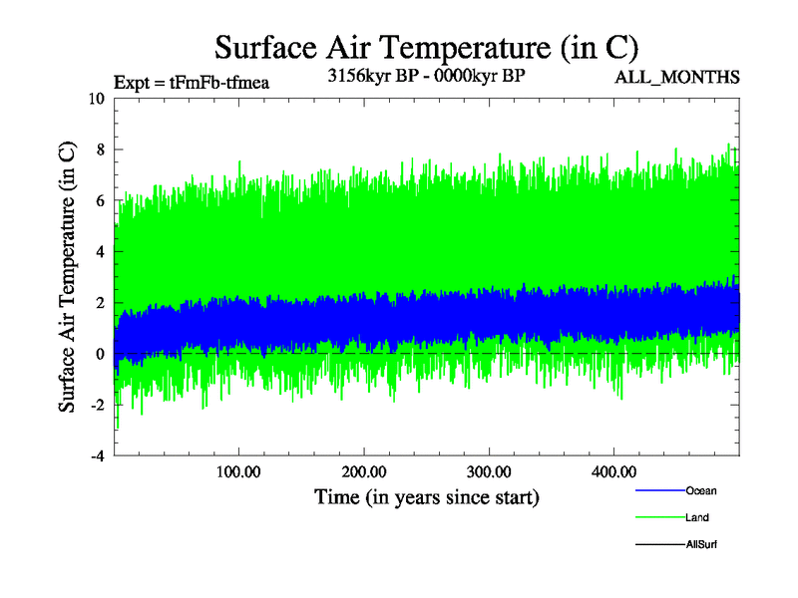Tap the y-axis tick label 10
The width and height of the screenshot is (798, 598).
coord(96,99)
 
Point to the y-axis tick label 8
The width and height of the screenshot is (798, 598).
coord(100,149)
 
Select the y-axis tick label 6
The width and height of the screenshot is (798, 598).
coord(100,200)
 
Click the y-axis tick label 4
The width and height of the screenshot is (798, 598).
coord(100,252)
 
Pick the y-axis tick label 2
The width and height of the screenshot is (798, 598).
coord(100,303)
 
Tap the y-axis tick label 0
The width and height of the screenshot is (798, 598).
coord(100,354)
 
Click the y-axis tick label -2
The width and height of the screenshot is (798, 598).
coord(97,406)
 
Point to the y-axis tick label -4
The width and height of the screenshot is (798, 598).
coord(97,456)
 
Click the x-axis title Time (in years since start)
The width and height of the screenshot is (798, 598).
coord(427,496)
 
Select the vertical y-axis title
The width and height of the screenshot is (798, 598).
coord(68,277)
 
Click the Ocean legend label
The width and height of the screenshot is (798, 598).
coord(701,490)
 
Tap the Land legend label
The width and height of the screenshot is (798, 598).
coord(698,517)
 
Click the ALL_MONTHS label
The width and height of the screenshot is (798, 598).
coord(690,78)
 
